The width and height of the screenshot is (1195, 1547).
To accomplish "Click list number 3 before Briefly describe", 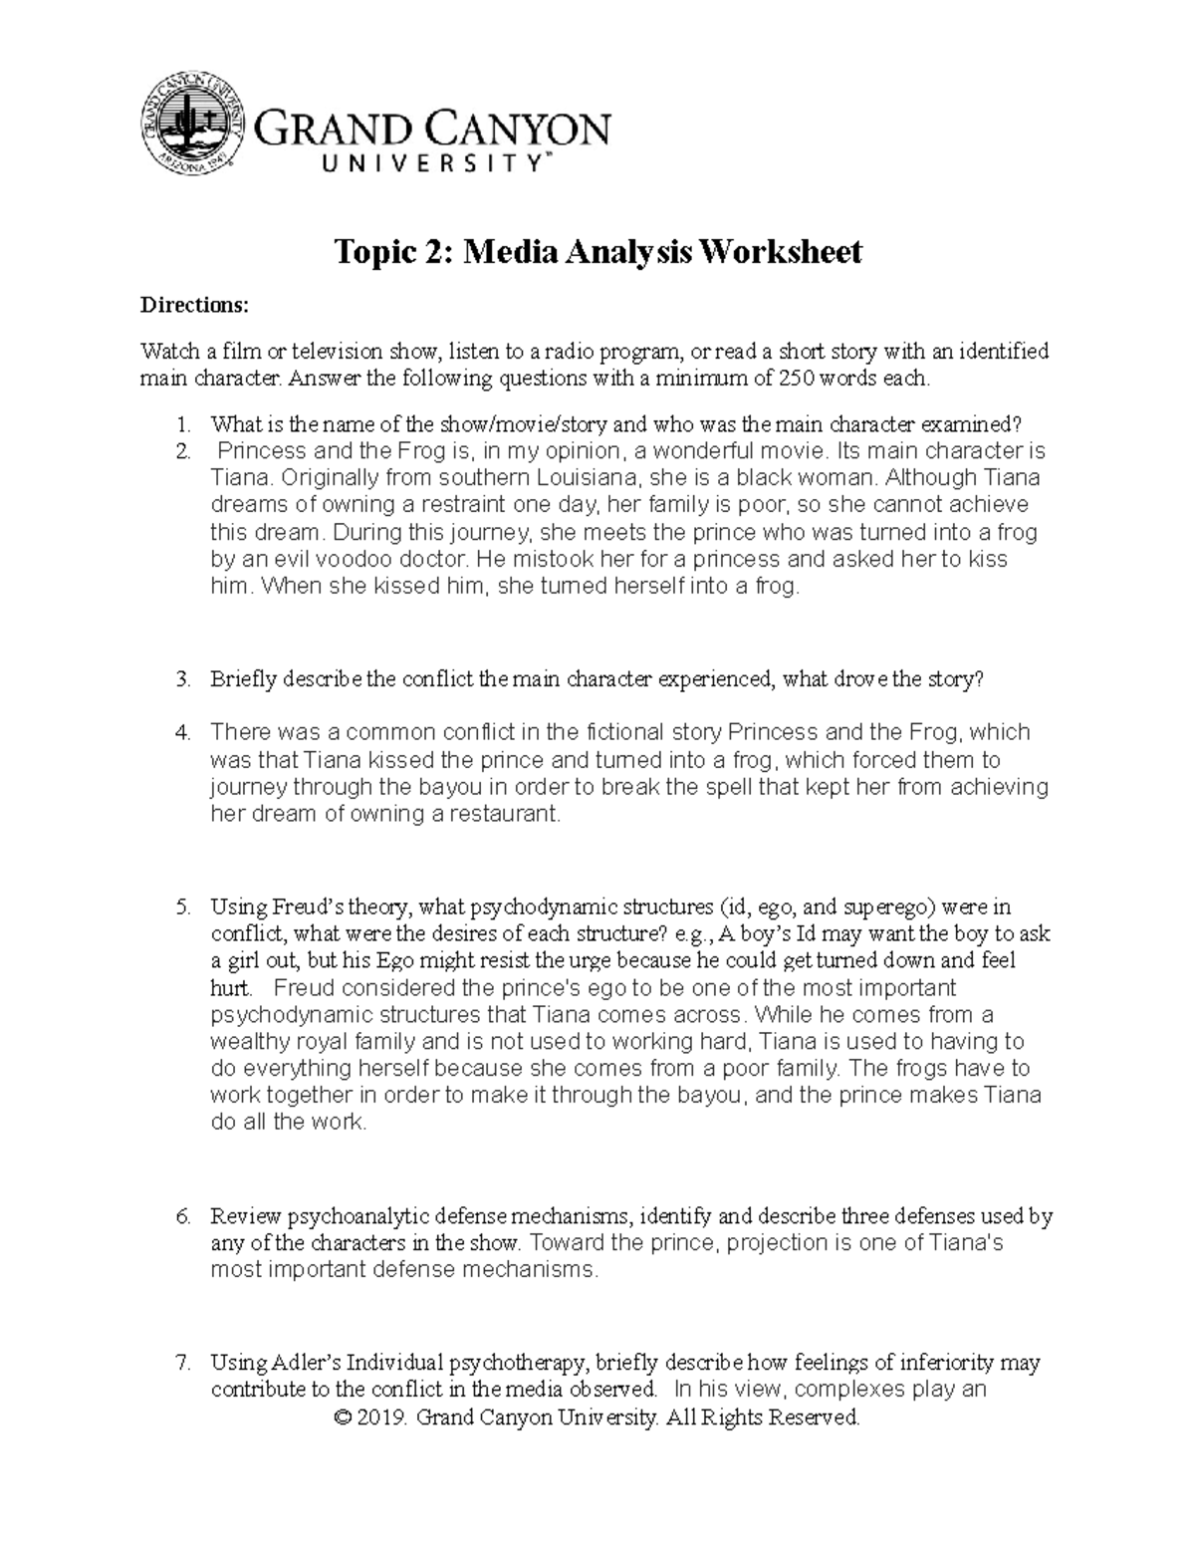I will pyautogui.click(x=182, y=679).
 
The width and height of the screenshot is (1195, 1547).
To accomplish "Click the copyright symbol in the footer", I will pyautogui.click(x=347, y=1418).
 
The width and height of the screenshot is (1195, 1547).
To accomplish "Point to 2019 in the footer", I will pyautogui.click(x=384, y=1418).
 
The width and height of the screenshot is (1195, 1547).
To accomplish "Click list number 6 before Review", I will pyautogui.click(x=182, y=1216).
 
